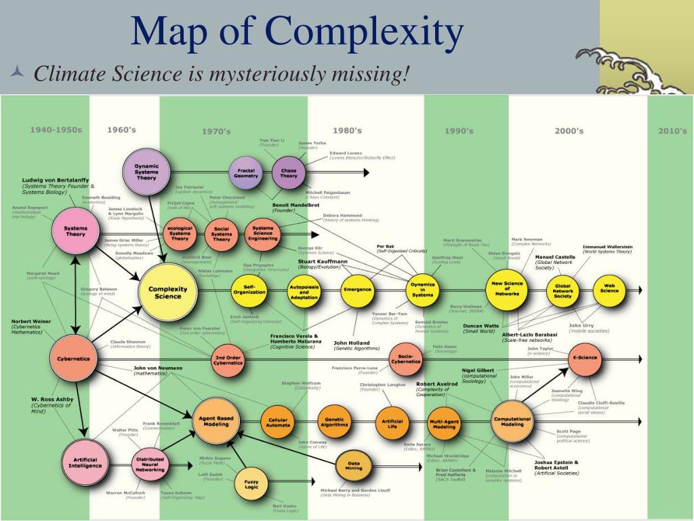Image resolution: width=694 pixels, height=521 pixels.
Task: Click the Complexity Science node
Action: pos(167,292)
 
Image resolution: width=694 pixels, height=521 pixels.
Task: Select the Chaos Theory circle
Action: pos(289,172)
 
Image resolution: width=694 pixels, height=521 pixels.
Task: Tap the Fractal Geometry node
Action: pos(246,172)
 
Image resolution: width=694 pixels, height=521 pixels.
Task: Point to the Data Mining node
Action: pos(353,465)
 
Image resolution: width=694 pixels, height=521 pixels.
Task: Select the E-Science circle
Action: pos(584,358)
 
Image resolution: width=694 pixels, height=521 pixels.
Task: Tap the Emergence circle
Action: pos(357,290)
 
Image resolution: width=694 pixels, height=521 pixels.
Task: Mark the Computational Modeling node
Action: pos(512,421)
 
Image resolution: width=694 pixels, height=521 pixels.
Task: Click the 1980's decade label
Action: pos(347,130)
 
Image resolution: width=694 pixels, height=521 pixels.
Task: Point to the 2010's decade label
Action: pos(672,131)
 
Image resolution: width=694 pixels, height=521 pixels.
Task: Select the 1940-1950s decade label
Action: pos(56,130)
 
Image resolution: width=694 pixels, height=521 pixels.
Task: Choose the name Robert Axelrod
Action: pos(437,384)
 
